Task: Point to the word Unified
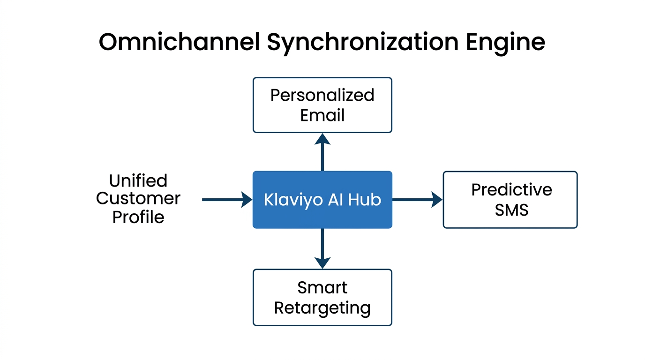[138, 180]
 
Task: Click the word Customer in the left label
[138, 198]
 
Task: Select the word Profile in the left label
[138, 217]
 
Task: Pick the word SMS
[511, 210]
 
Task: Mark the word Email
[322, 115]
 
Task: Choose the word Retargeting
[322, 308]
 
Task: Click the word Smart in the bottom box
[322, 287]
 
